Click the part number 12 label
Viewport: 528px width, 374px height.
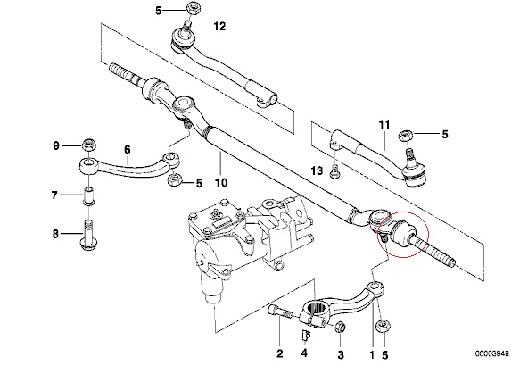[219, 27]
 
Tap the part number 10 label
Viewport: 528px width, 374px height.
[221, 183]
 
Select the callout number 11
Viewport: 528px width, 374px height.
[384, 125]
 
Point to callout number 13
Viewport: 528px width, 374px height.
[317, 170]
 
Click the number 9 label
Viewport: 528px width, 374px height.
[56, 145]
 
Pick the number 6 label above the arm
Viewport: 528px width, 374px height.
[127, 149]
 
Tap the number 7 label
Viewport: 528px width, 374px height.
[54, 195]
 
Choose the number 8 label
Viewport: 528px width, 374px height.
[55, 234]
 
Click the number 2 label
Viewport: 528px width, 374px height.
[280, 353]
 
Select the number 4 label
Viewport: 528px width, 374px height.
[304, 353]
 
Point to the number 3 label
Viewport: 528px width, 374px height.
[341, 354]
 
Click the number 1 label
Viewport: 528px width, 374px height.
[372, 354]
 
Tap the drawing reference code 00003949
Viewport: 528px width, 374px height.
[492, 353]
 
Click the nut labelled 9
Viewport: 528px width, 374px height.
[89, 145]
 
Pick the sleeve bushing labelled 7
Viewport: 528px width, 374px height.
[88, 196]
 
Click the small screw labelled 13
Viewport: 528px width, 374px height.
[335, 170]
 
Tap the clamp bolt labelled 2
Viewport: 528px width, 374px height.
[279, 312]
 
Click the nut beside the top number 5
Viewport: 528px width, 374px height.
[194, 8]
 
